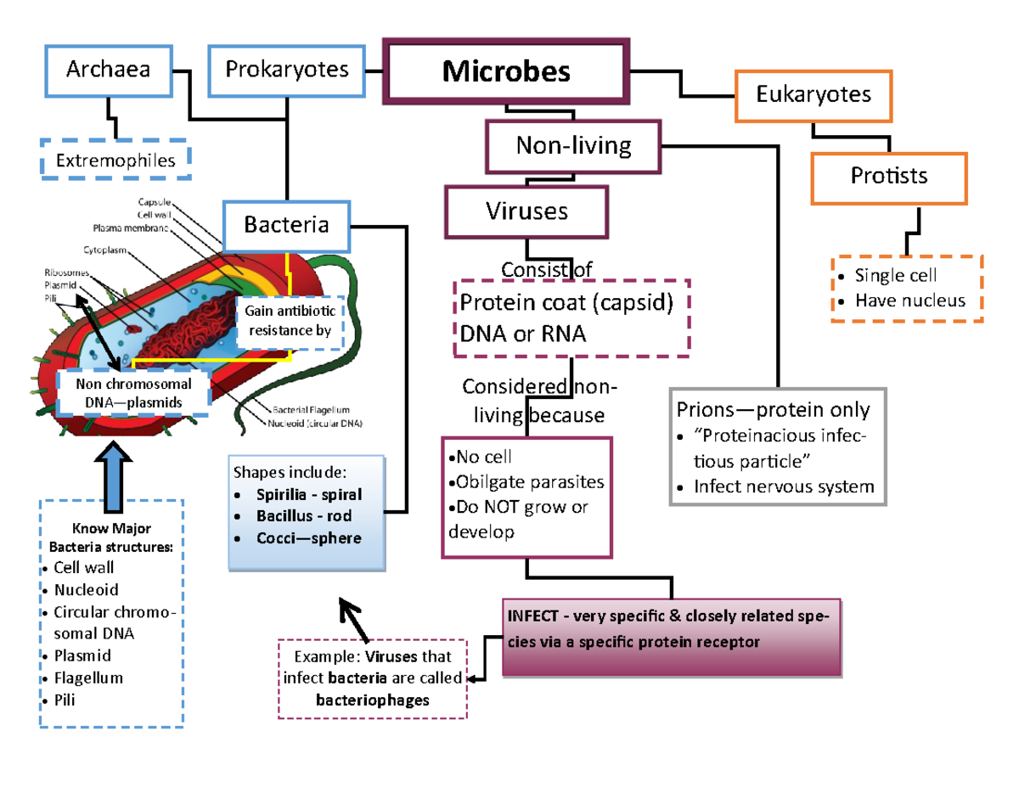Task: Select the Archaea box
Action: [x=109, y=69]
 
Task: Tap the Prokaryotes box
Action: [x=287, y=69]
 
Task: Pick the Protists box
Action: [x=888, y=177]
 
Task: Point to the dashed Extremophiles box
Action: [x=115, y=160]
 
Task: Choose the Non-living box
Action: [x=573, y=146]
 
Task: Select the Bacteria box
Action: [x=286, y=224]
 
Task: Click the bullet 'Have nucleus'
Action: [x=909, y=300]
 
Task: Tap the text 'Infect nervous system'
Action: [x=783, y=486]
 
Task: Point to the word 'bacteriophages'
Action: [x=373, y=700]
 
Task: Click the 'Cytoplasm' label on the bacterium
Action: [x=104, y=250]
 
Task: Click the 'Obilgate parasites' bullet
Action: [x=530, y=482]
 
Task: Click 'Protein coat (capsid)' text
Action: [x=566, y=304]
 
